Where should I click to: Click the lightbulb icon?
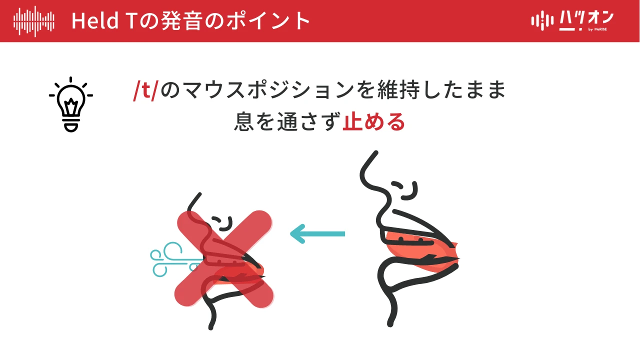click(x=71, y=104)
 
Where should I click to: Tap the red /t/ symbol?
click(x=145, y=90)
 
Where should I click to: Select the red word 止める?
click(x=373, y=121)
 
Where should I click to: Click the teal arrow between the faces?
click(x=317, y=233)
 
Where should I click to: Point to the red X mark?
click(x=223, y=258)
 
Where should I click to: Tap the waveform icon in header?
click(x=33, y=21)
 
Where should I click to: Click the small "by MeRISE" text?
click(x=597, y=29)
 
